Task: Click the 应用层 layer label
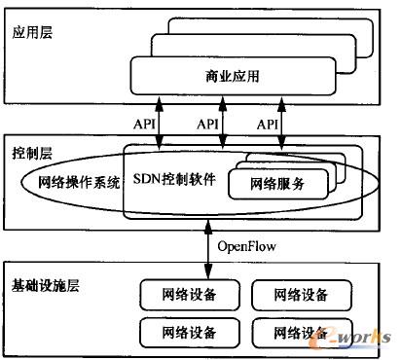(x=33, y=32)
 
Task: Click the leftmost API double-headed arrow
(x=163, y=121)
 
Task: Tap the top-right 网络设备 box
(x=298, y=293)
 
